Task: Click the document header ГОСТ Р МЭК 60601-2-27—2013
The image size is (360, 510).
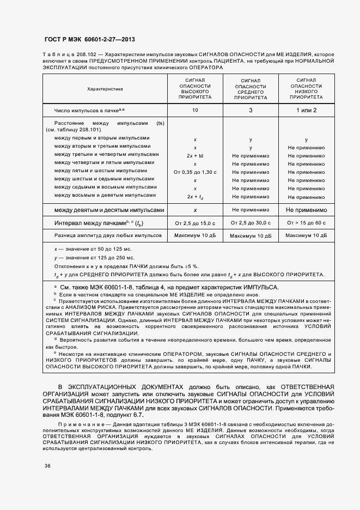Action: click(x=89, y=39)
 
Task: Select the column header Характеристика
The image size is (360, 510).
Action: click(x=105, y=88)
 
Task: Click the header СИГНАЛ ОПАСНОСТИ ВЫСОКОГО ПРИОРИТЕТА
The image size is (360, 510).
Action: click(x=195, y=88)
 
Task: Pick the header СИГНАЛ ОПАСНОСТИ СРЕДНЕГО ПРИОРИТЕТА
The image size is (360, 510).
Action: click(x=251, y=89)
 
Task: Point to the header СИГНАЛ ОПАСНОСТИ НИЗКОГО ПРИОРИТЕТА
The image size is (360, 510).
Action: click(x=306, y=88)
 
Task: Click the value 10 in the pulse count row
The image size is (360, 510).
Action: click(x=195, y=110)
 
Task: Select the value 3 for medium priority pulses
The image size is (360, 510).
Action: click(x=251, y=110)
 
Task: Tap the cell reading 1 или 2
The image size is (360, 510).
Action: click(x=306, y=110)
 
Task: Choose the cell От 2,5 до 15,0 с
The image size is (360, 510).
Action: click(x=195, y=223)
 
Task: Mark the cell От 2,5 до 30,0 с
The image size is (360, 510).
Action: click(x=251, y=223)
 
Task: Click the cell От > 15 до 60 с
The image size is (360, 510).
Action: click(x=306, y=223)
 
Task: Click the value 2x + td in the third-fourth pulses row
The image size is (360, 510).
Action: click(x=195, y=155)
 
